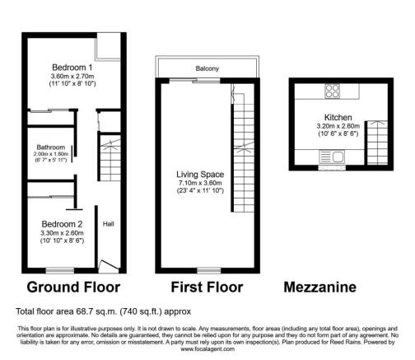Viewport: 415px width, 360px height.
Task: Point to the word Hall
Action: (x=108, y=222)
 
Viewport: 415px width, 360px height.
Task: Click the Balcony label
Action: (x=207, y=68)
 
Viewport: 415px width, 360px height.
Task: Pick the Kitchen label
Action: (x=338, y=118)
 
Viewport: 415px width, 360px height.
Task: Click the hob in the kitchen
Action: (x=333, y=92)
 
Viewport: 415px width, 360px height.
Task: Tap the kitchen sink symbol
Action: (x=337, y=155)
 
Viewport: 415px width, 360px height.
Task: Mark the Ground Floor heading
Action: (x=73, y=288)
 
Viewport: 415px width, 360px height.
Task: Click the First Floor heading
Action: (x=207, y=288)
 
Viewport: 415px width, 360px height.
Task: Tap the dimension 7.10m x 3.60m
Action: (x=200, y=184)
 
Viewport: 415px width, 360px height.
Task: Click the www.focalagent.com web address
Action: (x=207, y=348)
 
